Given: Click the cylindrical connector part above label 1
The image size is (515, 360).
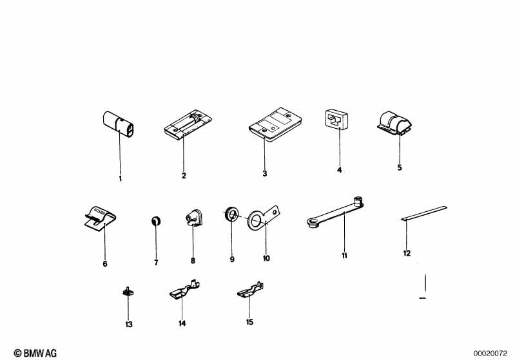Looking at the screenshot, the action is coord(118,124).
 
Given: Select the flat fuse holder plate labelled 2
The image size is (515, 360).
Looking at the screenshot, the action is coord(188,125).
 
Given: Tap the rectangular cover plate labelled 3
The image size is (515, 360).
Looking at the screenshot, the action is coord(275,124).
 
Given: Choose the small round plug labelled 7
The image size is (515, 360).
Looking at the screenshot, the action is coord(156,221).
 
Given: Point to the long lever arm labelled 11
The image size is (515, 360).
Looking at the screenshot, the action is coord(335,213).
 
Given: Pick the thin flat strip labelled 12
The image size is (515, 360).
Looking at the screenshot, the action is coord(424,213).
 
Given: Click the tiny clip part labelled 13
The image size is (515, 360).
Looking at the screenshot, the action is coord(128,291).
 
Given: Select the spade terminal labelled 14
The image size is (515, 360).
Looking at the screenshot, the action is coord(185,289).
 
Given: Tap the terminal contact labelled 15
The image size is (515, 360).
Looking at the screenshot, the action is coord(251,290).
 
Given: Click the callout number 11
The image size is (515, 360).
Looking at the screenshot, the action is coord(344,256).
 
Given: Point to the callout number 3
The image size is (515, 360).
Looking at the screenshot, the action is coord(265,174).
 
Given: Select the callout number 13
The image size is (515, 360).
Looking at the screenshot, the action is coord(129,324).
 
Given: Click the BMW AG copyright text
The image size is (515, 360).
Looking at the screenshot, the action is coord(35,353).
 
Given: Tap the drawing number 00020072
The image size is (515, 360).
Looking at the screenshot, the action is coord(490,354).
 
